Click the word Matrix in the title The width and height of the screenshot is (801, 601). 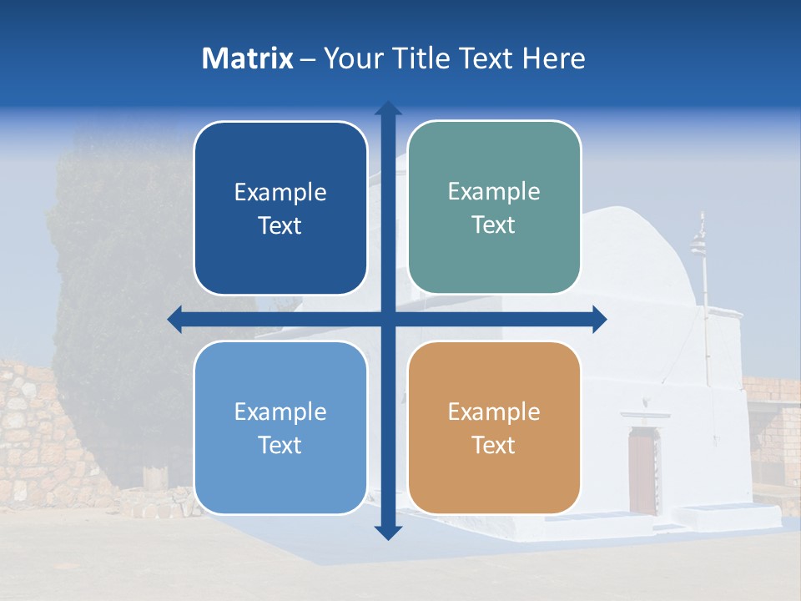(248, 58)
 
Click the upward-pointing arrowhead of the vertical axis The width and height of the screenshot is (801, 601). (387, 109)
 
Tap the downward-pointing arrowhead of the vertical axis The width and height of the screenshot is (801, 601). (387, 532)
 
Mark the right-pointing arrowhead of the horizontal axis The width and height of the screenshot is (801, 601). (598, 320)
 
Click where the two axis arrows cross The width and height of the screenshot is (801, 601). (387, 320)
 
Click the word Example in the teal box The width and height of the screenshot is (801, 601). (494, 191)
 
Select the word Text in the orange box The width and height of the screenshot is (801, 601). (494, 445)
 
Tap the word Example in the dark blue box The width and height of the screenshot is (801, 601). (280, 192)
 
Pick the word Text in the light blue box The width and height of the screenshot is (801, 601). (280, 445)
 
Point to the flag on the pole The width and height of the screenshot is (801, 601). (697, 245)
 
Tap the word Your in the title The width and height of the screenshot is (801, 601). (349, 58)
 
